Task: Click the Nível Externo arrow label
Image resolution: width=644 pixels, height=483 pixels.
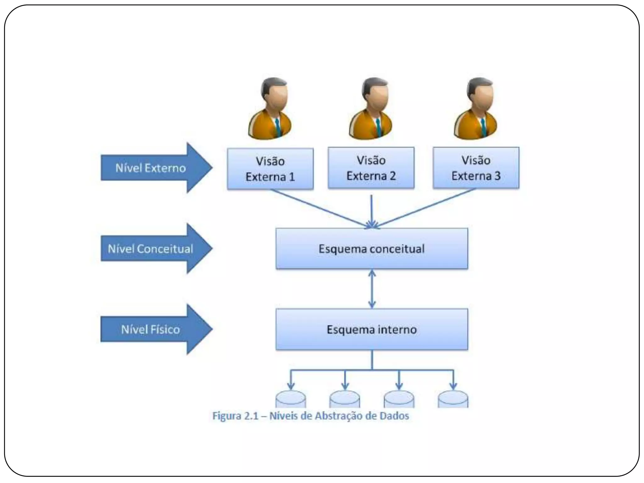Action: pos(151,168)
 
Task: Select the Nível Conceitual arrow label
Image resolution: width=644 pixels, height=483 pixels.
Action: pos(151,249)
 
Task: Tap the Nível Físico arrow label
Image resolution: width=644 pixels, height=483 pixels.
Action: pos(151,329)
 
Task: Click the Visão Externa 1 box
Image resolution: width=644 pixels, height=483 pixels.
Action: pos(270,169)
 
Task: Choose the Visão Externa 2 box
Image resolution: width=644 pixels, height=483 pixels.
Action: pos(371,168)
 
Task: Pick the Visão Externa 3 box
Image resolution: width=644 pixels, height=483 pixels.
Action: pos(476,168)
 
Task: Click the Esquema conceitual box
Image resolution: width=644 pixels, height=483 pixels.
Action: pos(372,249)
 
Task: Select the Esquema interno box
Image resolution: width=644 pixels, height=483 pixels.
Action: pos(372,329)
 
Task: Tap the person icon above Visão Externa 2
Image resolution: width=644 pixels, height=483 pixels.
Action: pos(371,108)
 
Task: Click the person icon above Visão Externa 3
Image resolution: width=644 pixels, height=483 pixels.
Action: pos(476,108)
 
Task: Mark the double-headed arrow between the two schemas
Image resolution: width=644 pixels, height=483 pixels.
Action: pos(372,289)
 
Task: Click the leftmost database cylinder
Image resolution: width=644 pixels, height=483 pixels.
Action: pos(291,399)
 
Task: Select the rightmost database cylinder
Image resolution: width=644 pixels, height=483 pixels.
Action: pos(453,399)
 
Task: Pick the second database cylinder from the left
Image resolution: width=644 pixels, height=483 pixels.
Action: pos(345,399)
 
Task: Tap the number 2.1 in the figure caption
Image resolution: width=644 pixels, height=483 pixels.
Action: pos(251,416)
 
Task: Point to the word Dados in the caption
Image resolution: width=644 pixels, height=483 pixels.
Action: pos(394,416)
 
